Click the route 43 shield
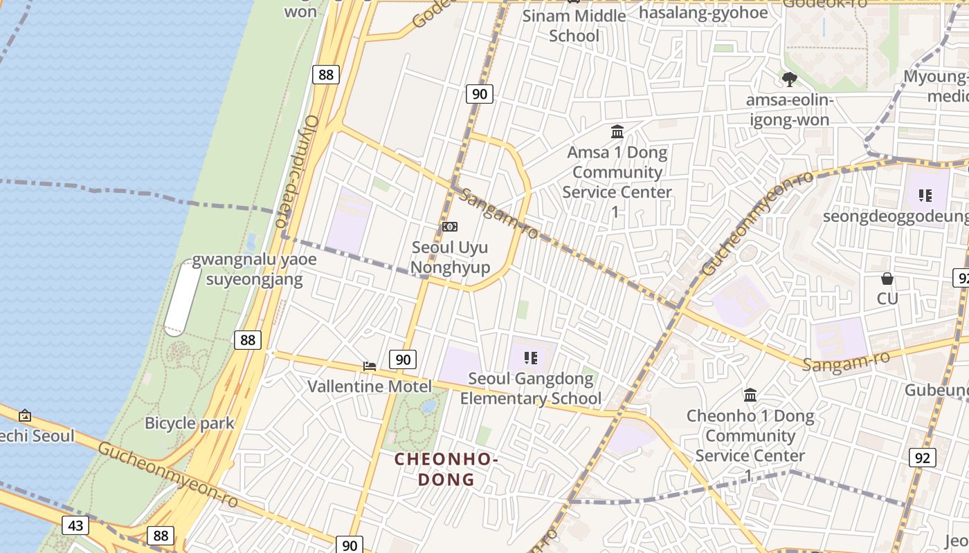click(75, 525)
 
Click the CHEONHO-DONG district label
click(446, 469)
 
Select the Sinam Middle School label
click(574, 26)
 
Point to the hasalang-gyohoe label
click(703, 12)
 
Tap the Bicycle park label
click(189, 423)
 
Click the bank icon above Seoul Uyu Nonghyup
click(450, 227)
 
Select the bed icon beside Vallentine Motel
click(370, 366)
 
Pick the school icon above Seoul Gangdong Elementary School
click(531, 358)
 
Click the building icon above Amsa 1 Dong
click(617, 131)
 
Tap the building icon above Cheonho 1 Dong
click(750, 395)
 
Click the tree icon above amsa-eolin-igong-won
click(789, 79)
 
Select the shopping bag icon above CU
click(887, 279)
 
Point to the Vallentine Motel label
click(370, 386)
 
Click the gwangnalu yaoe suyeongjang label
click(254, 270)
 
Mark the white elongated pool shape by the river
click(183, 298)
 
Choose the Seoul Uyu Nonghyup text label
click(450, 257)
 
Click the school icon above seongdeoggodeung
click(925, 196)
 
